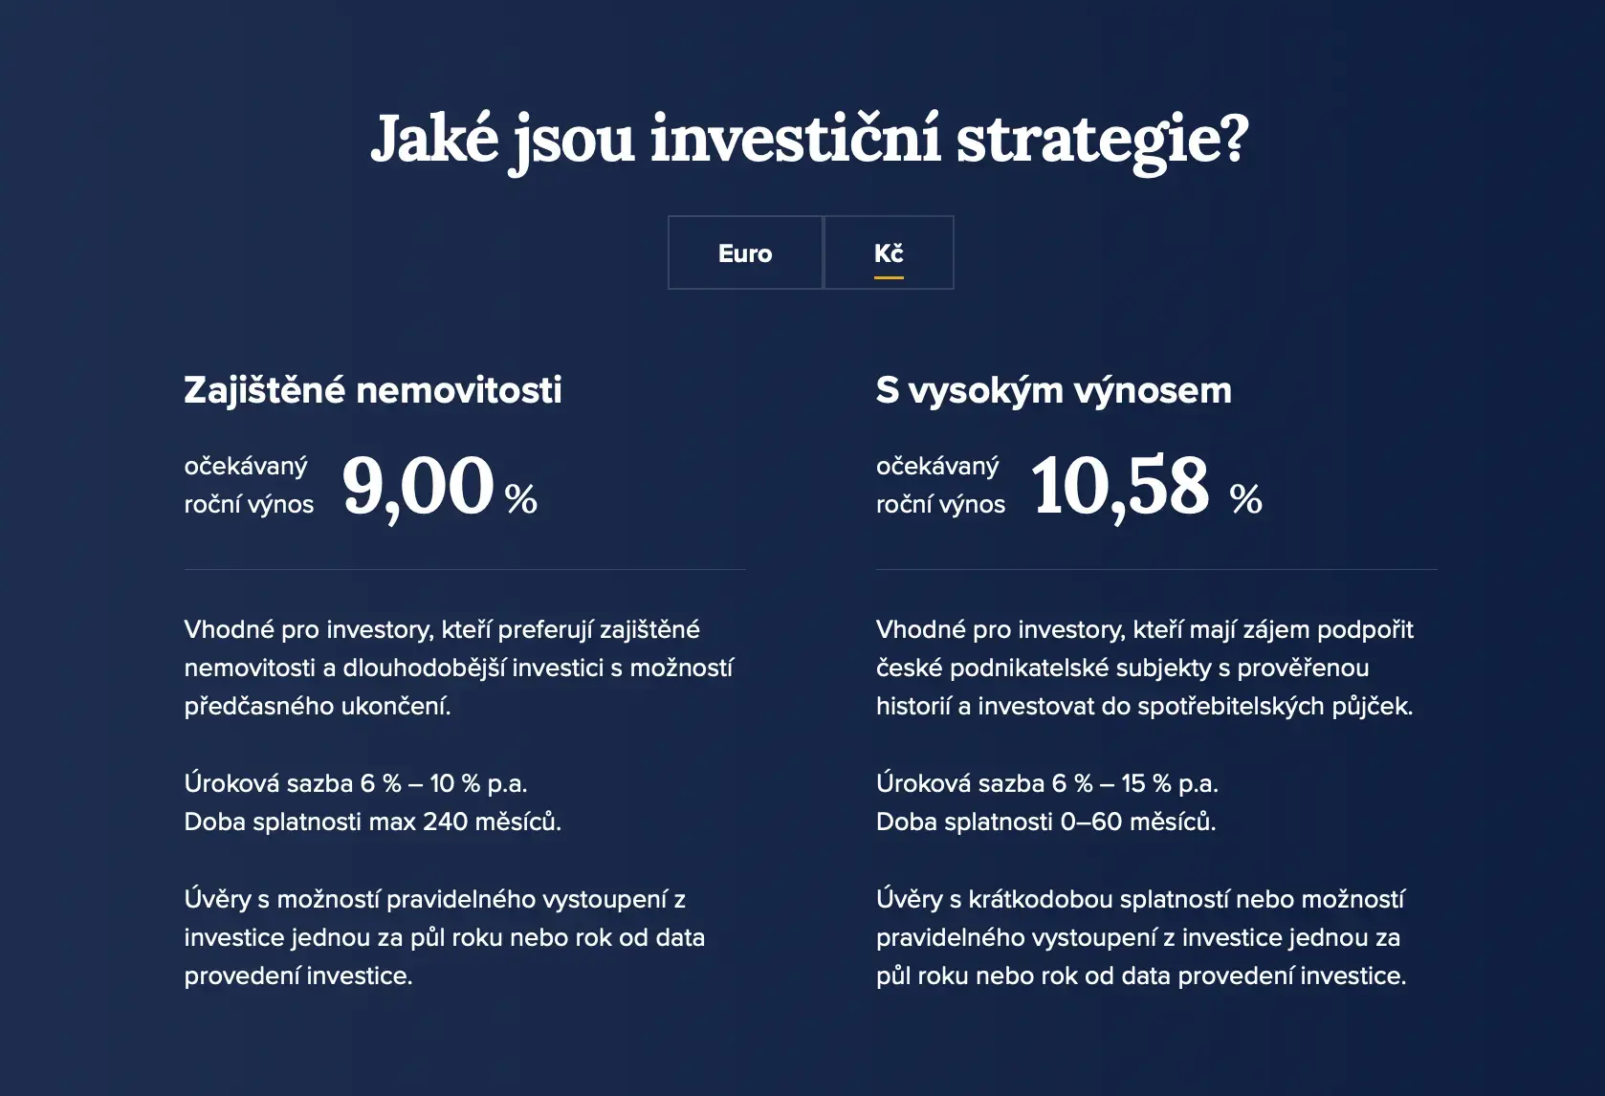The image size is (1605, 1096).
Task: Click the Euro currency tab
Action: tap(745, 252)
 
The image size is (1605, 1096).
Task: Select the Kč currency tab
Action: tap(890, 252)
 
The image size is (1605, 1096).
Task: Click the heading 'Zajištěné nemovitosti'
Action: tap(373, 390)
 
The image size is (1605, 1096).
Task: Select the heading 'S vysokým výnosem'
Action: tap(1054, 391)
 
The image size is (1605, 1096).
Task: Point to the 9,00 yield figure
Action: tap(418, 487)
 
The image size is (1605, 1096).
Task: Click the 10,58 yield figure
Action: tap(1120, 487)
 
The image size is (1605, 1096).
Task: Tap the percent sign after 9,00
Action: tap(521, 499)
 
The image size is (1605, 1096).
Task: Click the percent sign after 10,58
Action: tap(1246, 499)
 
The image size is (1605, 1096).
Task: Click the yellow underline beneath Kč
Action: tap(890, 277)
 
